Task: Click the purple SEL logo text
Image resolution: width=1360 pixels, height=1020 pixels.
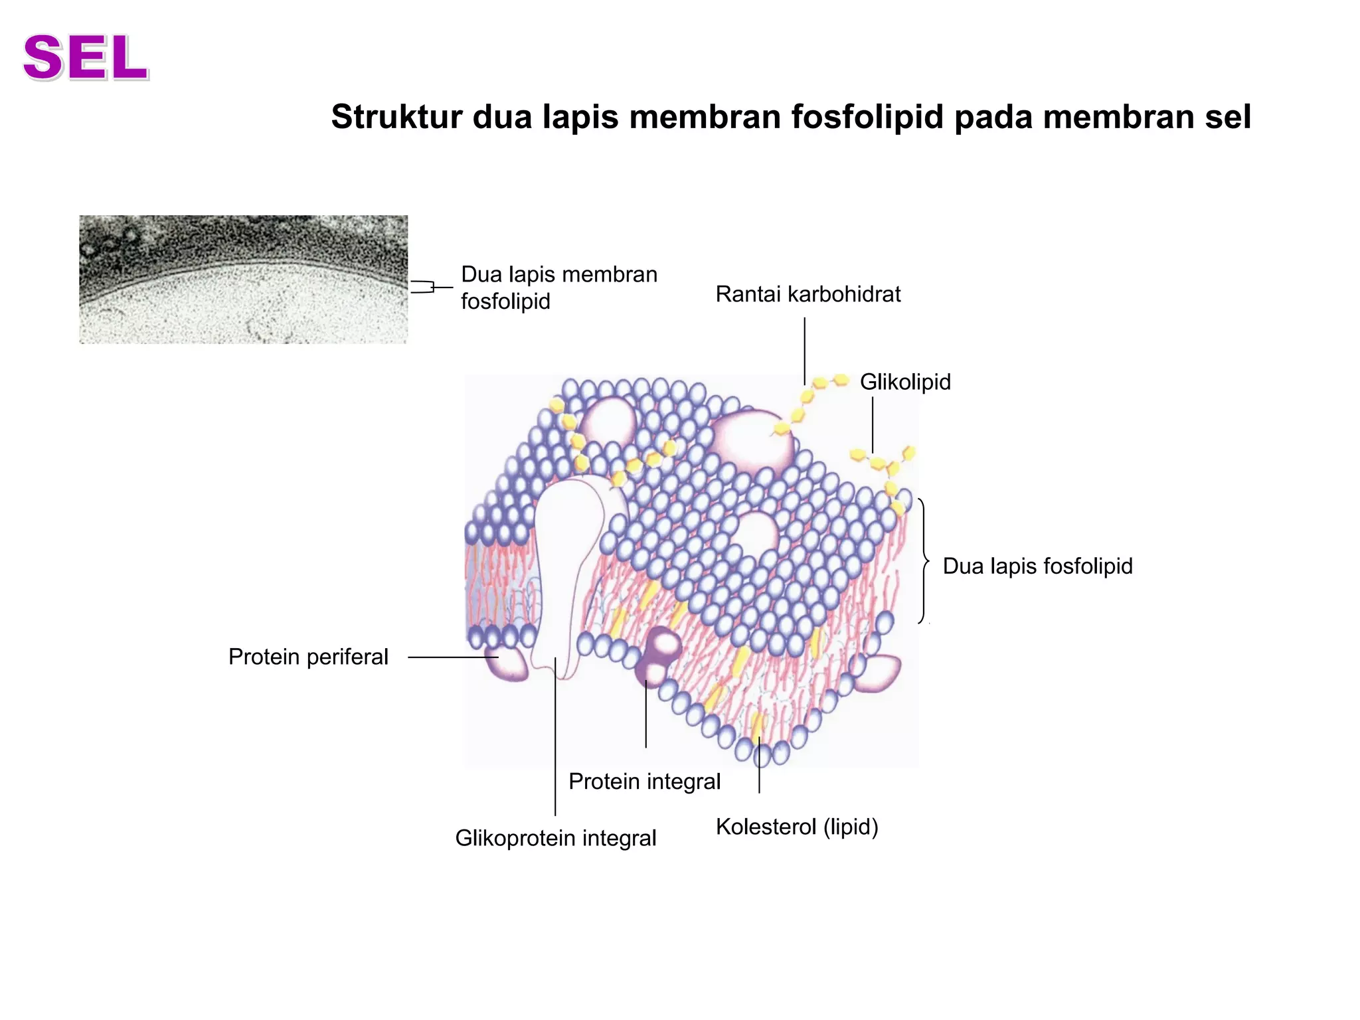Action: point(86,58)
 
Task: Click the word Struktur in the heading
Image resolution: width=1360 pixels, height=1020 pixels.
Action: point(397,117)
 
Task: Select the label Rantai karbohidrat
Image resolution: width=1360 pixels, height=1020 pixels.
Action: point(808,294)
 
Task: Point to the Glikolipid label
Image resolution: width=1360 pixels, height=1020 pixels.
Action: point(905,382)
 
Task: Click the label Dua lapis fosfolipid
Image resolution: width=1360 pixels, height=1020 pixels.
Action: point(1038,566)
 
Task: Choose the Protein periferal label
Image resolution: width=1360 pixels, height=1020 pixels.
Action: point(308,657)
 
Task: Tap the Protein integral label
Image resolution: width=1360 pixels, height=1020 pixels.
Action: point(645,782)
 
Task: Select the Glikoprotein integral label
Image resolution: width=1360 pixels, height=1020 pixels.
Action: point(556,838)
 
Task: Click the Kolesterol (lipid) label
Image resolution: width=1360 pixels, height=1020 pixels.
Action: point(797,827)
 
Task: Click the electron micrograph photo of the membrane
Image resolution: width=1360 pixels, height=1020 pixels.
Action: point(244,280)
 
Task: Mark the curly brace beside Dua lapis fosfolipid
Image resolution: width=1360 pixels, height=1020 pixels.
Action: point(924,561)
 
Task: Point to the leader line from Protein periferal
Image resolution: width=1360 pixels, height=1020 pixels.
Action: point(453,657)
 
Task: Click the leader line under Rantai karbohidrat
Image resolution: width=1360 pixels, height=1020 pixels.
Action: point(805,351)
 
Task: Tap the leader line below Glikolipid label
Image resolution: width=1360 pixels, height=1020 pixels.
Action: point(873,425)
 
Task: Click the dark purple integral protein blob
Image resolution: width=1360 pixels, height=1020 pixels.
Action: point(658,655)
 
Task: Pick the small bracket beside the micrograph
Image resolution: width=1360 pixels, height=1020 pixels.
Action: point(422,287)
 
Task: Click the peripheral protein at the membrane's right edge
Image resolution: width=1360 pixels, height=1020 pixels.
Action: point(878,673)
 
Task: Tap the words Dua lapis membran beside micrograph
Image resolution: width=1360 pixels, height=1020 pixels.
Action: point(559,274)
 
